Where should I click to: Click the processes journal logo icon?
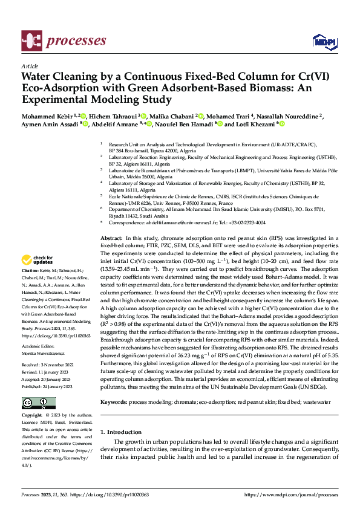click(x=31, y=41)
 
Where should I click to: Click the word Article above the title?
click(x=29, y=66)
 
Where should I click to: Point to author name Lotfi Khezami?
click(x=250, y=124)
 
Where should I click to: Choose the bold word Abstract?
click(x=111, y=239)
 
